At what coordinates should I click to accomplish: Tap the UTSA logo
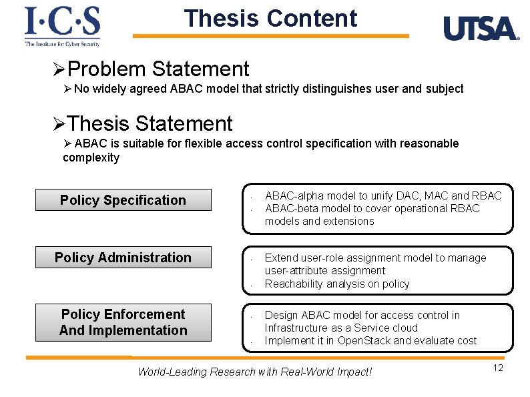tap(481, 29)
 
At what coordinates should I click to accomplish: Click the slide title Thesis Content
tap(270, 19)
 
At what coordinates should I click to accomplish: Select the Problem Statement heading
tap(158, 69)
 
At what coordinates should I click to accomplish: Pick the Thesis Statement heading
tap(150, 123)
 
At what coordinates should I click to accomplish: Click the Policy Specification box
tap(123, 200)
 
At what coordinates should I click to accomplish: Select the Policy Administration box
tap(123, 258)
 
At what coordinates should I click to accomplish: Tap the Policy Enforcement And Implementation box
tap(123, 322)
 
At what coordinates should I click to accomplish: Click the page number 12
tap(498, 368)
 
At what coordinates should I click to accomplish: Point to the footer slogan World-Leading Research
tap(254, 372)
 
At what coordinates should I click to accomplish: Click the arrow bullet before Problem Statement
tap(59, 69)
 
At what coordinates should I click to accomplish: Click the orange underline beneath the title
tap(270, 36)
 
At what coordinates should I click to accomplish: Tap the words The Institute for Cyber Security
tap(62, 44)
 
